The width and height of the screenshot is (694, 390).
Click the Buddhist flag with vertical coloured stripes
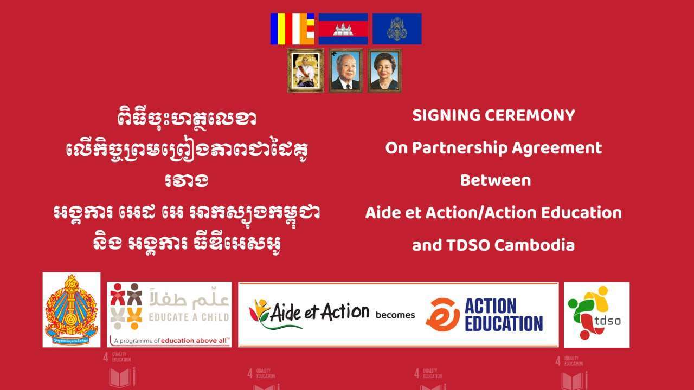(293, 29)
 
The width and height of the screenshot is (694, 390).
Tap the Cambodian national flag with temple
(343, 29)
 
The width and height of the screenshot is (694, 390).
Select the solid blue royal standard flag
(397, 29)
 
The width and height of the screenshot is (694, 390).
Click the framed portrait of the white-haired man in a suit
(345, 70)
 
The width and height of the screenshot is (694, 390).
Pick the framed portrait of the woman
(384, 70)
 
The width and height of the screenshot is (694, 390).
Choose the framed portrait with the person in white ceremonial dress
(305, 70)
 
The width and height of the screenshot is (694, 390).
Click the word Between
(495, 180)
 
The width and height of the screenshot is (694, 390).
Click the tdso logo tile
(596, 315)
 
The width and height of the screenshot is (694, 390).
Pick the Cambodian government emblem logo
(72, 310)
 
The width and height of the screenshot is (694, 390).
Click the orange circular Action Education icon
(442, 315)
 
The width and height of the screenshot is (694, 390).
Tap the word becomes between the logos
(395, 315)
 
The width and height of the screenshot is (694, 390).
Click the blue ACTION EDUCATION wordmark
(504, 315)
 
